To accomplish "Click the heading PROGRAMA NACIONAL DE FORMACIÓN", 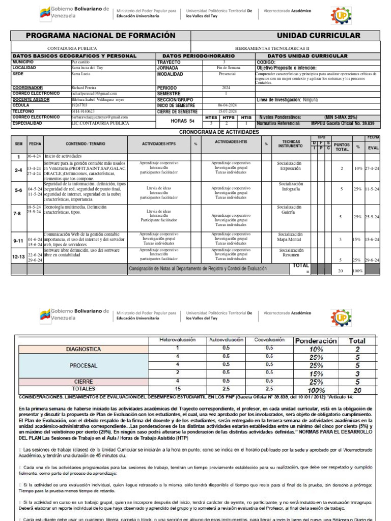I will point(100,36).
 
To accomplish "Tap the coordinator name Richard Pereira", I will point(84,88).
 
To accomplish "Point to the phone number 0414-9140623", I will point(83,111).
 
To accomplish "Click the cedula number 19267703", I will point(80,105).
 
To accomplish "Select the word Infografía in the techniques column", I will point(290,189).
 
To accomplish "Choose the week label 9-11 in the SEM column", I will point(18,240).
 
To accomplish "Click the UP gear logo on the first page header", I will point(341,16).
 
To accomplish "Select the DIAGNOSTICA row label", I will point(83,350).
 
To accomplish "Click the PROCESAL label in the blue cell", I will point(83,365).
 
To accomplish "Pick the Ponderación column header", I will point(316,340).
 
